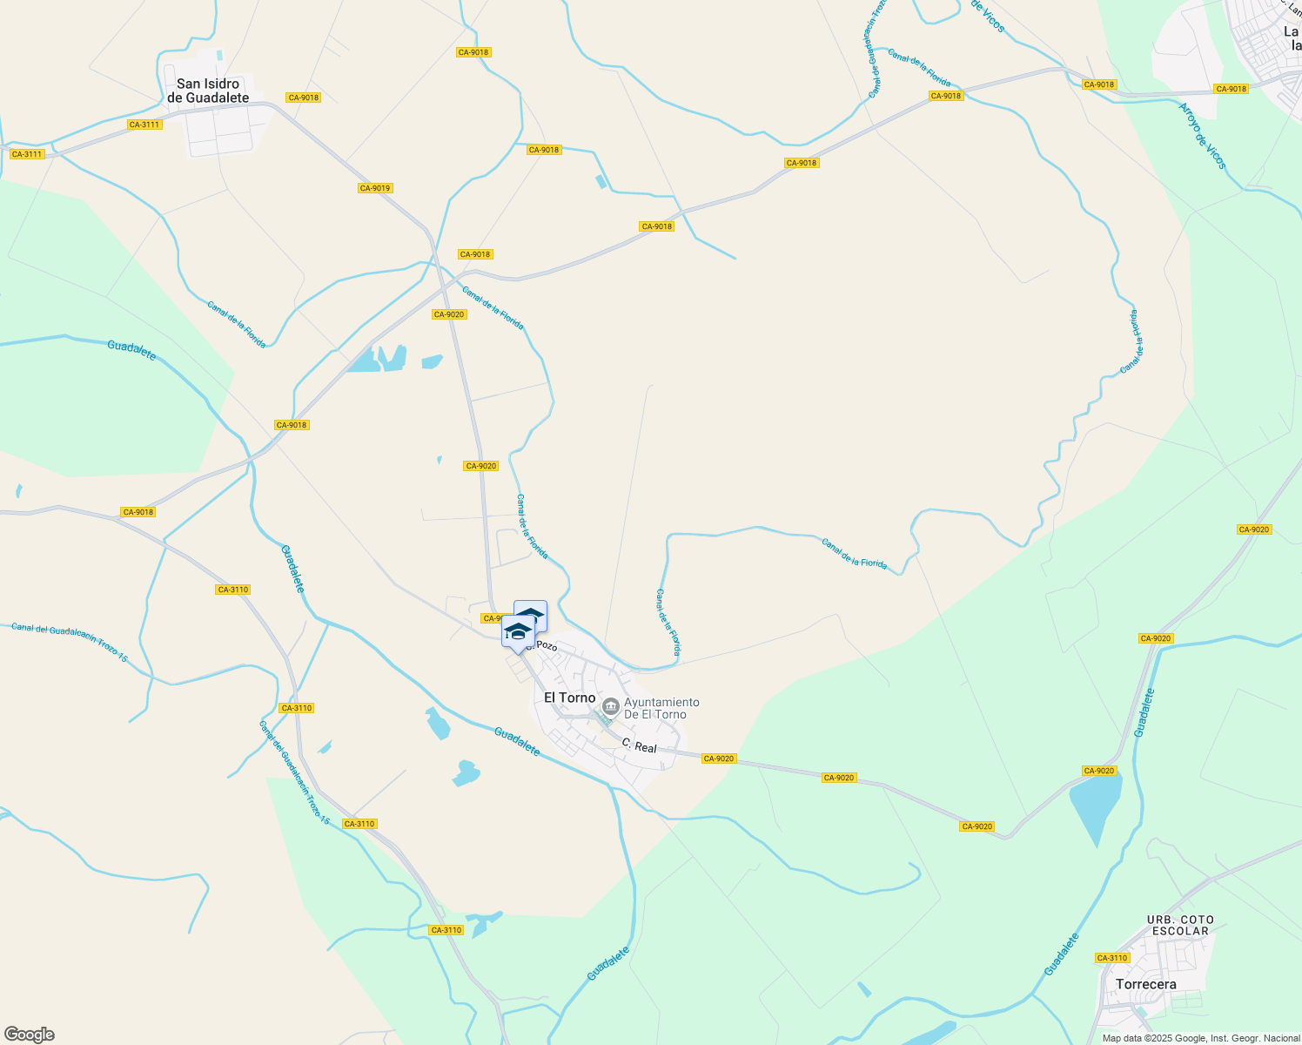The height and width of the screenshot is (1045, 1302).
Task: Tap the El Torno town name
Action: pos(569,698)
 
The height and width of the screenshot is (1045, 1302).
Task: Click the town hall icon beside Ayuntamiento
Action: pos(611,705)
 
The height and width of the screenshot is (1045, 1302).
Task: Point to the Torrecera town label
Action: pos(1145,984)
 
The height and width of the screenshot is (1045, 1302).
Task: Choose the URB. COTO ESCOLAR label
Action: pos(1180,925)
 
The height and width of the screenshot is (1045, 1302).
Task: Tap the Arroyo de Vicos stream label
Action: pos(1202,137)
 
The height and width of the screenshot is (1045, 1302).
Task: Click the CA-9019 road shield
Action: pos(374,188)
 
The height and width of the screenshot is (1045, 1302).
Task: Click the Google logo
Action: pos(30,1035)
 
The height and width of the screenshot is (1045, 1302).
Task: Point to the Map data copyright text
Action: pos(1201,1038)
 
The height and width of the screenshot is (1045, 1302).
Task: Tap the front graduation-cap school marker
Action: pos(517,631)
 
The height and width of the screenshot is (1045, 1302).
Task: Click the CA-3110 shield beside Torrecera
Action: pos(1112,958)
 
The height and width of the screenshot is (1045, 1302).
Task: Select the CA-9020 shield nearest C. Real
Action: pos(719,758)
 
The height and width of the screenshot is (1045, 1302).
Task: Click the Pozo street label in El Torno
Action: pos(544,645)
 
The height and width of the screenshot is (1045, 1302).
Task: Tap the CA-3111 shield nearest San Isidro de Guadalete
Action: pos(144,125)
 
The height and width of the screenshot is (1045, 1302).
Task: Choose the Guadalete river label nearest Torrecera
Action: pos(1063,954)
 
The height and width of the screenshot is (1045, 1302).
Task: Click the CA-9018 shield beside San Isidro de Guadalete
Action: pos(304,98)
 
